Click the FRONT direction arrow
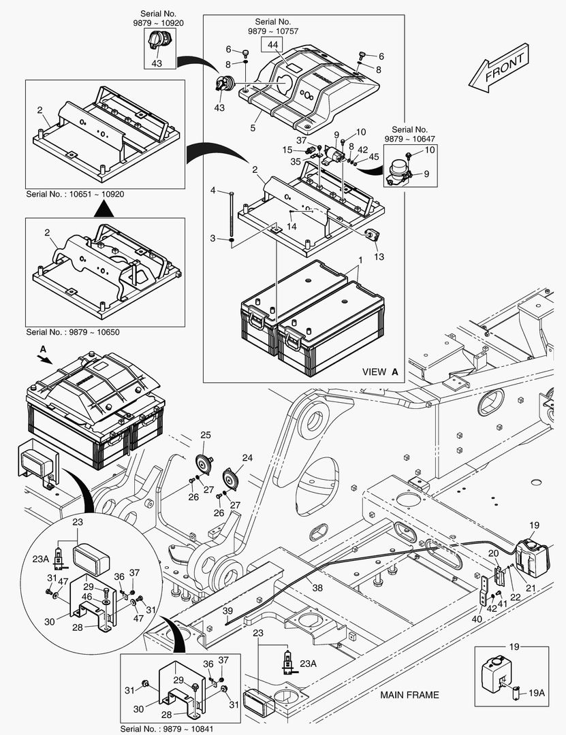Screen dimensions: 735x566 [498, 68]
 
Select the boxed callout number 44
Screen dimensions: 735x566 [272, 45]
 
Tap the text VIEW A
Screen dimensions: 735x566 [379, 372]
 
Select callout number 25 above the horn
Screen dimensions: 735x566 [205, 435]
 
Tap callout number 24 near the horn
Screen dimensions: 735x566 [247, 458]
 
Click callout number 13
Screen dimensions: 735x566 [379, 257]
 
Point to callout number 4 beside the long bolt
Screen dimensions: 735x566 [213, 190]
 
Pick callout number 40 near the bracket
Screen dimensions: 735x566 [476, 619]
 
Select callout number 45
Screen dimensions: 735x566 [374, 159]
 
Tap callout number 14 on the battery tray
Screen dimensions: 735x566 [292, 227]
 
